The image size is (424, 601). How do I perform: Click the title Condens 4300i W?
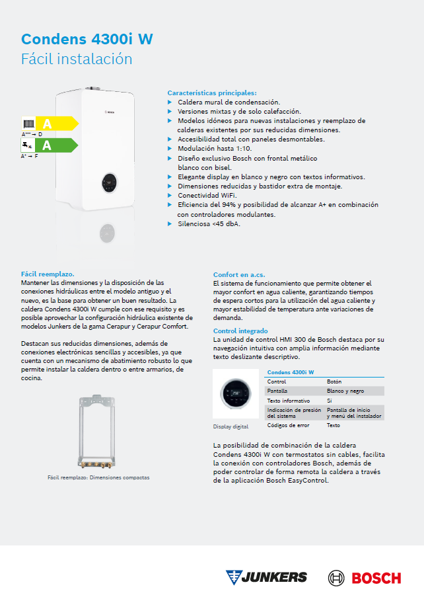(87, 39)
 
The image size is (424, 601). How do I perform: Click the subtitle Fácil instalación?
(77, 59)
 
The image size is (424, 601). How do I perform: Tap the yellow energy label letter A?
(47, 124)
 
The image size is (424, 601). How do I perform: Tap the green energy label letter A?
(47, 145)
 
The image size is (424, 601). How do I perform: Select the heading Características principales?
(211, 93)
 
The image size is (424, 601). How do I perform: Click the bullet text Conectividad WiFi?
(207, 196)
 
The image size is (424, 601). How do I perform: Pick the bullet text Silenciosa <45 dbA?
(209, 223)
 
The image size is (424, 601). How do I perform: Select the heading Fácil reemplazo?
(48, 273)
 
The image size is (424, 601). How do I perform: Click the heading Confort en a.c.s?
(240, 274)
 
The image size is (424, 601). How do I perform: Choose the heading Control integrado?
(240, 331)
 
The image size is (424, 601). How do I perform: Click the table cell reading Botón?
(335, 381)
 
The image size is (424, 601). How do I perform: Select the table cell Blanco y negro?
(345, 391)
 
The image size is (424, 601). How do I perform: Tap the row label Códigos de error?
(289, 425)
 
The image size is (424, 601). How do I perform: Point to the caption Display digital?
(230, 426)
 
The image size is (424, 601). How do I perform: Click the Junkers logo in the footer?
(266, 577)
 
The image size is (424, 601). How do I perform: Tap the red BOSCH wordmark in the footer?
(376, 577)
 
